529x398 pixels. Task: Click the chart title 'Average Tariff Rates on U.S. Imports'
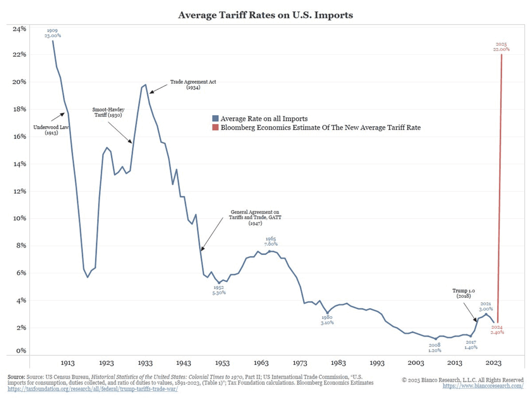tap(266, 15)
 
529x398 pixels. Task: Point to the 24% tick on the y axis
tap(20, 29)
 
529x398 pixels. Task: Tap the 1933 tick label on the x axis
tap(145, 363)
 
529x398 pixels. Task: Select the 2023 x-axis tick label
tap(493, 363)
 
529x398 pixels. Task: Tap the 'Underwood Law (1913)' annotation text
tap(51, 129)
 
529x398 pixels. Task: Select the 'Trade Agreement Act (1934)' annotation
tap(186, 85)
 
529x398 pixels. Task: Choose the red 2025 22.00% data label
tap(501, 47)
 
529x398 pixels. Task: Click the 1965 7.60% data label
tap(271, 241)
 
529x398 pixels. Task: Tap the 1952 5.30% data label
tap(219, 290)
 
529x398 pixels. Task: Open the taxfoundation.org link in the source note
tap(92, 389)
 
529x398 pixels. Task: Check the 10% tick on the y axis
tap(20, 218)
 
